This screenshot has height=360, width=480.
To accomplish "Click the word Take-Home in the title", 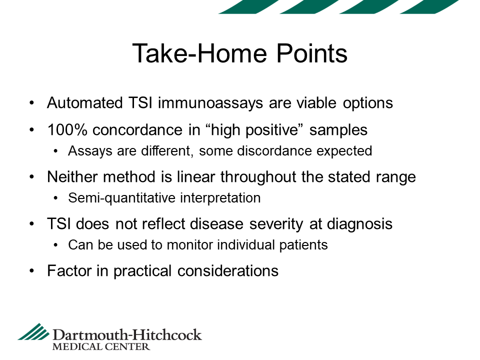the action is (x=200, y=53).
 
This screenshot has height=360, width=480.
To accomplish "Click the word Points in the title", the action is (x=312, y=53).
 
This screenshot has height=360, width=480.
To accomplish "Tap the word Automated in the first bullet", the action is (x=85, y=103).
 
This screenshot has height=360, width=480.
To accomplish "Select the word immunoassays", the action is (x=210, y=103).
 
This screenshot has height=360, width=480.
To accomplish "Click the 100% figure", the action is (x=67, y=130).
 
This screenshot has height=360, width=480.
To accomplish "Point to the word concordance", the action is (x=137, y=130).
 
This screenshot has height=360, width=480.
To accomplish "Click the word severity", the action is (x=276, y=224).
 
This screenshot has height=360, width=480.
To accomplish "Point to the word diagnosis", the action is (x=359, y=224).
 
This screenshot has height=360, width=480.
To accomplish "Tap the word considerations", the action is (x=228, y=271).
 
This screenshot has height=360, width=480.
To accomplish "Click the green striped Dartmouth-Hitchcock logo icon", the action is (x=33, y=331).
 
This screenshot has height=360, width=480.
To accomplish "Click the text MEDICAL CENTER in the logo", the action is (x=101, y=347).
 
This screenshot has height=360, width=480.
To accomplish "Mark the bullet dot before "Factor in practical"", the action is (x=32, y=271).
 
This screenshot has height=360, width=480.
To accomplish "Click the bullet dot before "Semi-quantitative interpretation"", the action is (x=55, y=198).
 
